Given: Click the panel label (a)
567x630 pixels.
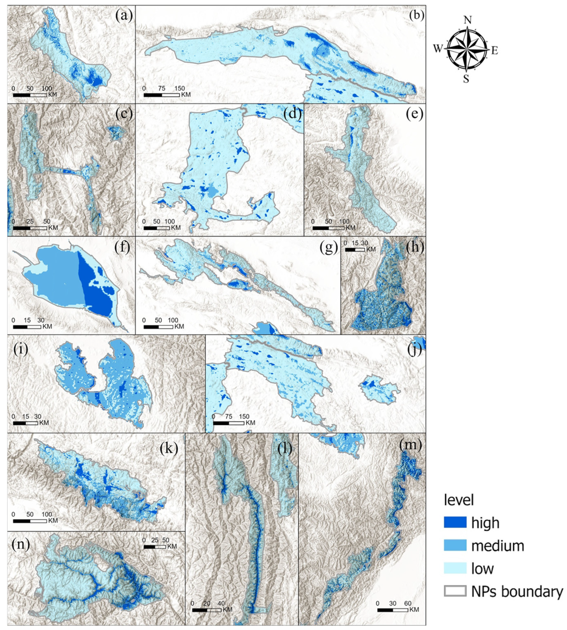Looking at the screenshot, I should (x=124, y=15).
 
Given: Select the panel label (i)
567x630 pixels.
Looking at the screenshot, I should (x=20, y=349).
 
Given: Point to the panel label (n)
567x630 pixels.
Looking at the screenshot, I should (x=20, y=544).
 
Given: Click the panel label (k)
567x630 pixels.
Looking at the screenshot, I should (x=168, y=447).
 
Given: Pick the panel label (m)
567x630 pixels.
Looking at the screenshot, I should (x=410, y=445).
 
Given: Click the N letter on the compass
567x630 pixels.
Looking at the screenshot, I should (x=467, y=20).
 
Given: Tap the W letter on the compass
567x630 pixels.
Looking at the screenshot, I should (x=438, y=48).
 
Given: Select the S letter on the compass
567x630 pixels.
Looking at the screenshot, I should (x=466, y=79).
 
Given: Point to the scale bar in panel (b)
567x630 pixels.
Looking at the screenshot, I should (x=161, y=95).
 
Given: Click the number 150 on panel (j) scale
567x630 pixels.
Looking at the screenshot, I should (x=244, y=416).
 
